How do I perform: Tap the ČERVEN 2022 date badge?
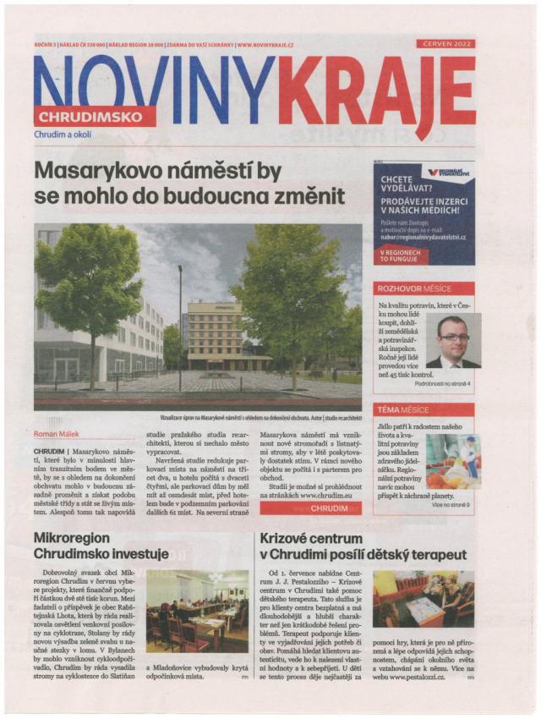445,43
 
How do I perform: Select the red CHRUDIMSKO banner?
95,117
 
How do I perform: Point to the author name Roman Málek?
57,433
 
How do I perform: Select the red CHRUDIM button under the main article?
310,508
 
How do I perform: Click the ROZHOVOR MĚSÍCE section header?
424,288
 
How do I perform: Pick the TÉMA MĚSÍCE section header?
424,409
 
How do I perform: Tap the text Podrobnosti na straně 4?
442,383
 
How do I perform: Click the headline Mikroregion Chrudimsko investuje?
101,546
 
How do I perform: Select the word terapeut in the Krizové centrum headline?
436,554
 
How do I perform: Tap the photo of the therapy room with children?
423,599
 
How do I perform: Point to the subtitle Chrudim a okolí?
63,134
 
